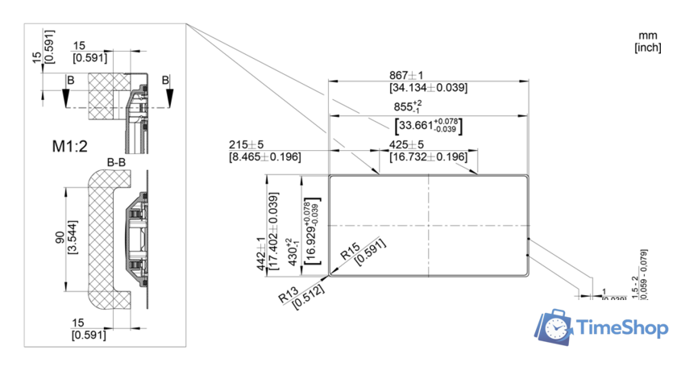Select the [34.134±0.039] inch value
click(x=428, y=87)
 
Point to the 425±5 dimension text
click(x=407, y=144)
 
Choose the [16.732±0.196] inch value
click(x=428, y=156)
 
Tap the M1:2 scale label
click(x=70, y=146)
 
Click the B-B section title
click(x=116, y=163)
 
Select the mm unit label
click(x=648, y=35)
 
